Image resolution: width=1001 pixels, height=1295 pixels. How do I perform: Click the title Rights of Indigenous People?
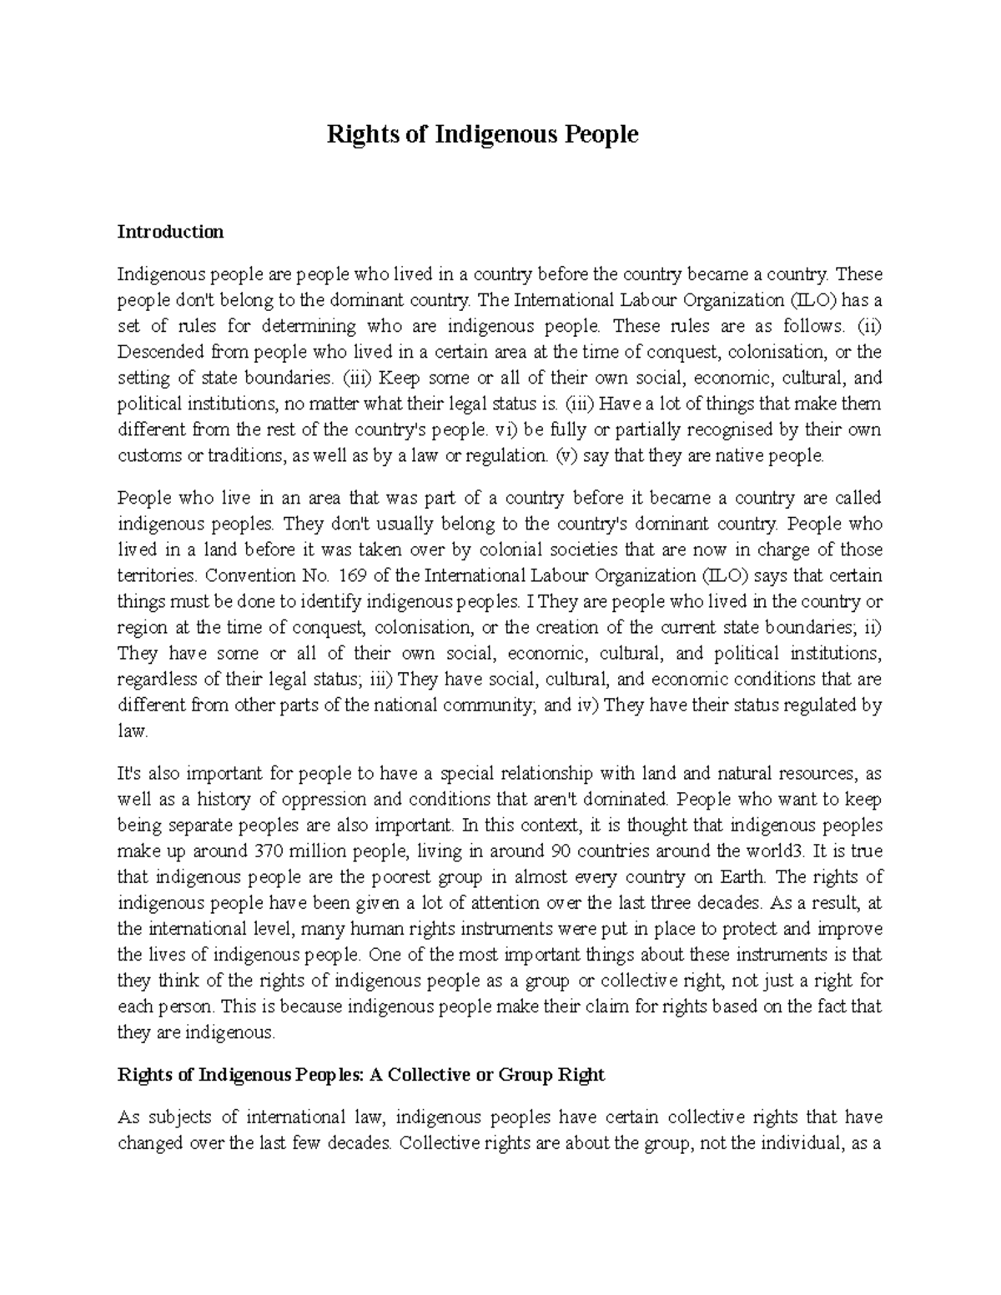[x=482, y=134]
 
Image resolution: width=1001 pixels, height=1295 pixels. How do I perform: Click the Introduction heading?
[x=170, y=232]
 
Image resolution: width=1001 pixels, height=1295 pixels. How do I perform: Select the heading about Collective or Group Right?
[x=360, y=1075]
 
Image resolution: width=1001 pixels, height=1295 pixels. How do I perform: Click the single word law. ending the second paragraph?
[x=133, y=731]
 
